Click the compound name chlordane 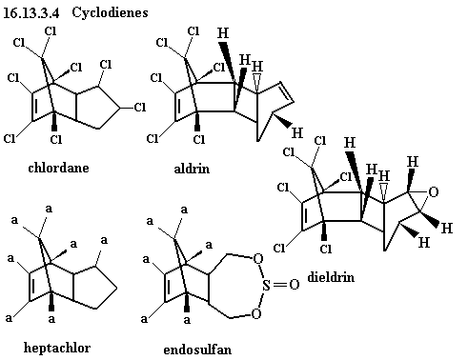coord(58,168)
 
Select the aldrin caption coord(192,169)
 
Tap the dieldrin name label coord(331,277)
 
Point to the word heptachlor coord(57,348)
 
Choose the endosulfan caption coord(197,350)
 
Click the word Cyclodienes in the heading coord(110,12)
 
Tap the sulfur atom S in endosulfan coord(266,285)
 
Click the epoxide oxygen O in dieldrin coord(434,191)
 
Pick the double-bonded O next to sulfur coord(295,285)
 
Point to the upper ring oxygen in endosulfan coord(257,259)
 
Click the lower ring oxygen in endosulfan coord(256,314)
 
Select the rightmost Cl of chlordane coord(140,108)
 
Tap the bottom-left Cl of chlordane coord(10,138)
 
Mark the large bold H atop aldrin coord(223,33)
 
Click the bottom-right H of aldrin coord(297,132)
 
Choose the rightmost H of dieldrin coord(447,228)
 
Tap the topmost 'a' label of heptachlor coord(49,209)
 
